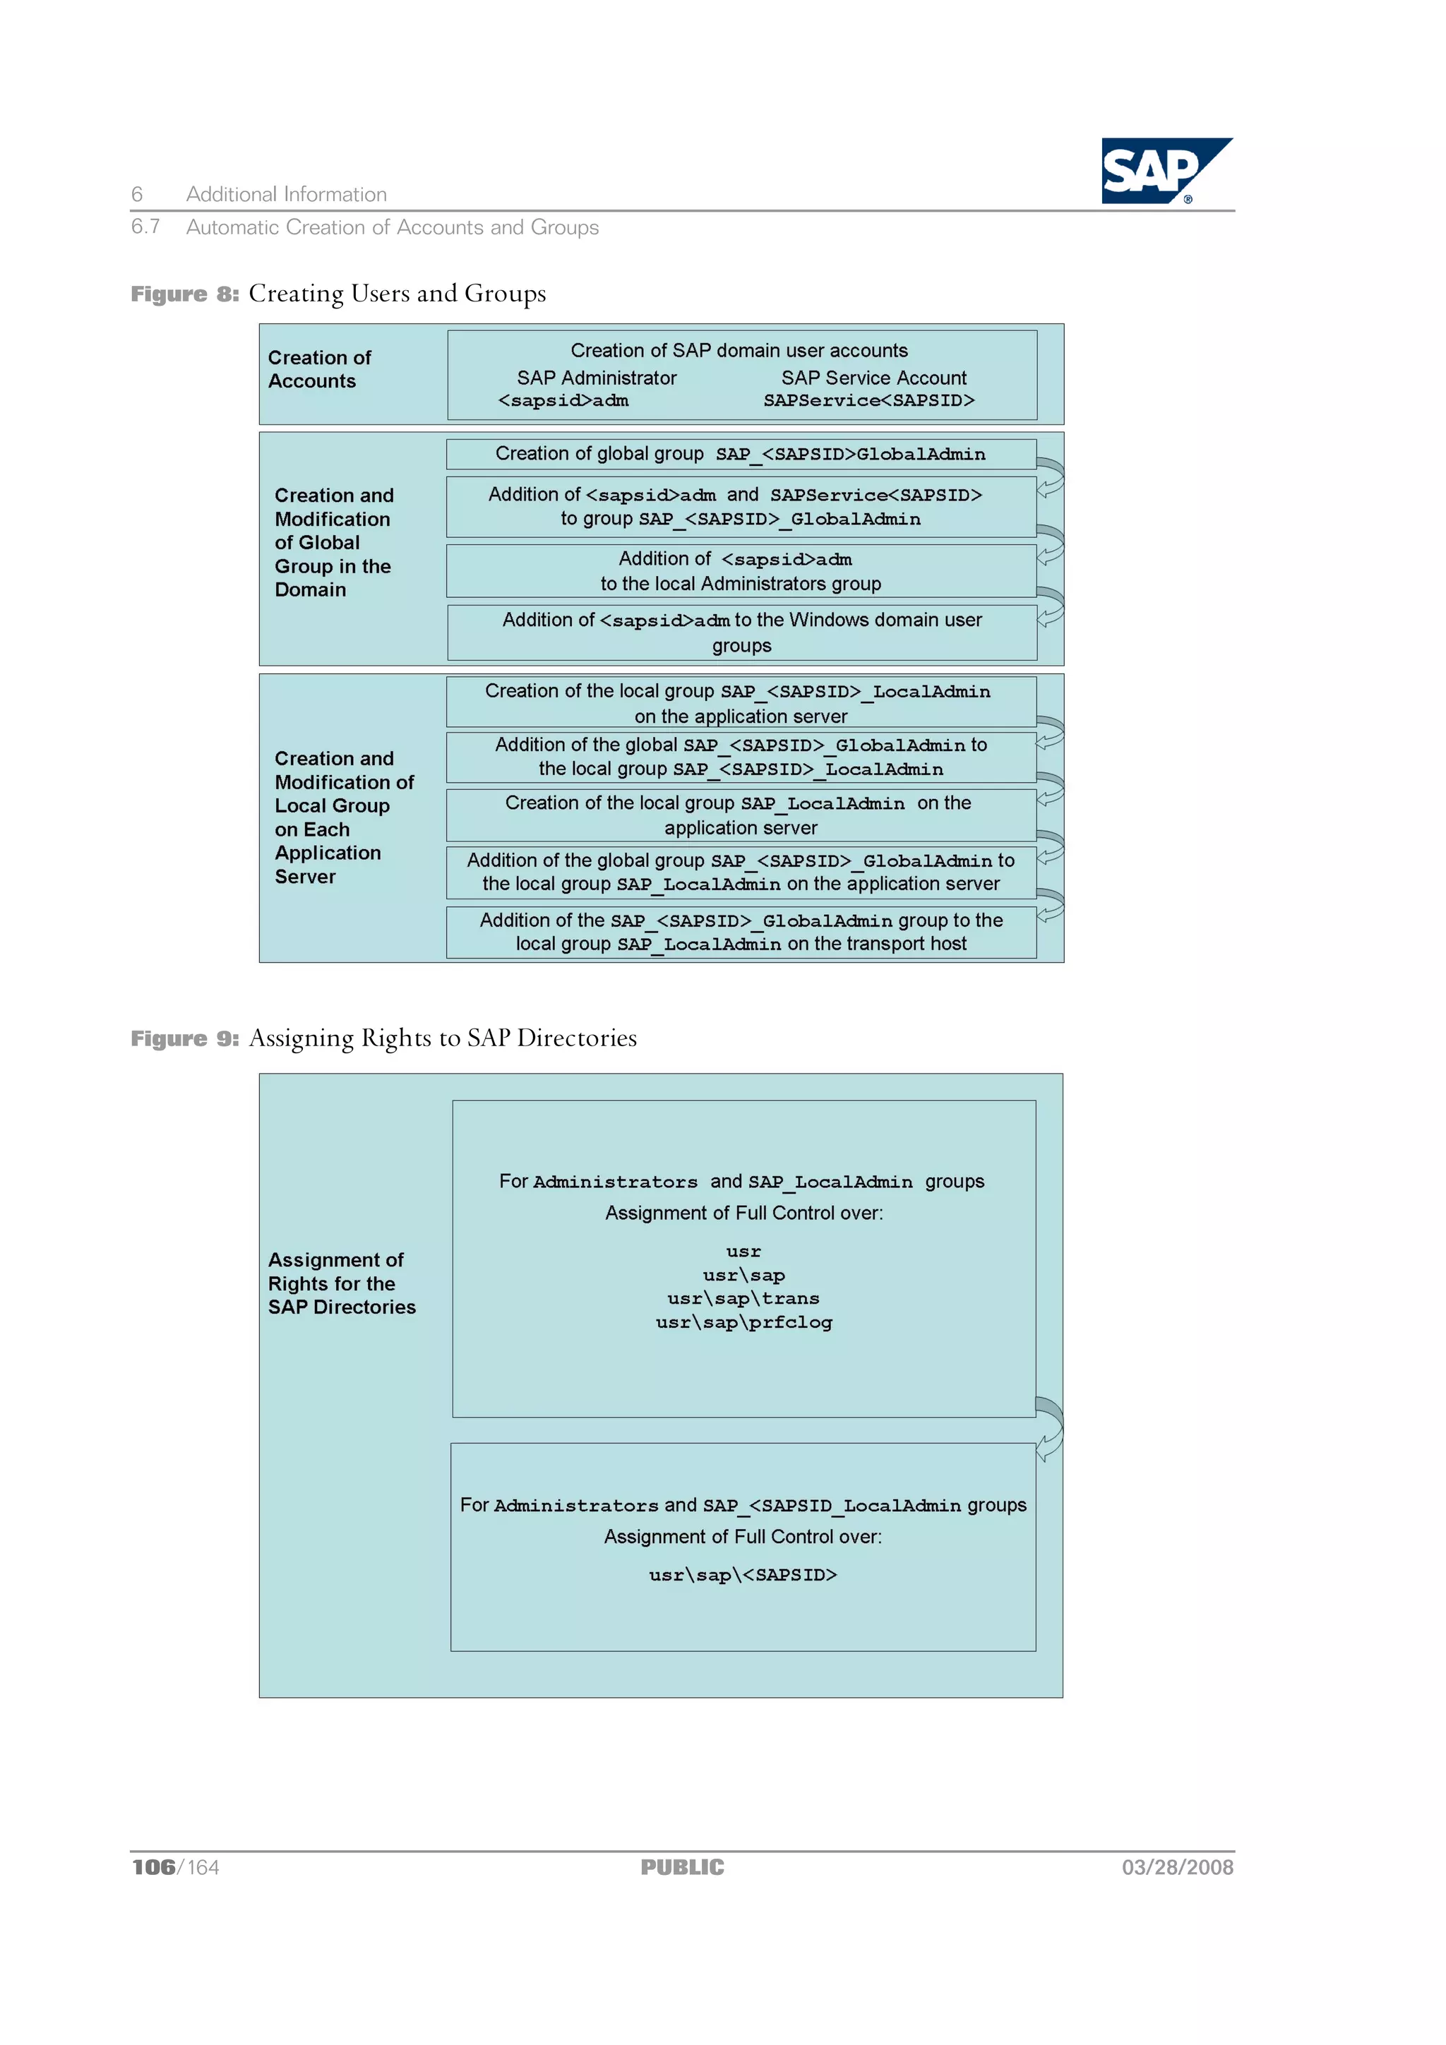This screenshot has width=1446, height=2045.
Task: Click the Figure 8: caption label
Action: point(184,294)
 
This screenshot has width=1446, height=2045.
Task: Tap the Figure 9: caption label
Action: point(184,1038)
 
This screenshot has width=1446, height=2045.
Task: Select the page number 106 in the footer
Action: point(153,1867)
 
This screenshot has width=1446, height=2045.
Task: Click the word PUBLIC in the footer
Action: point(683,1867)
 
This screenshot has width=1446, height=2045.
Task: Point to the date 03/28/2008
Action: point(1177,1867)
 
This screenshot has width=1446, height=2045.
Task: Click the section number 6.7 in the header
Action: point(145,226)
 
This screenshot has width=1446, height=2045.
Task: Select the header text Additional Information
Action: point(286,194)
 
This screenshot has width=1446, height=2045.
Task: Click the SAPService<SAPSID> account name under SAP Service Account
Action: point(868,401)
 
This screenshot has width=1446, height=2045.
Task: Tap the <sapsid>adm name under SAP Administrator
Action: point(563,401)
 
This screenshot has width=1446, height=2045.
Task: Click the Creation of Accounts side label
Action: point(319,368)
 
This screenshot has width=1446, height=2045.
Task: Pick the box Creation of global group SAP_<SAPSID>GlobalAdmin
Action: point(741,454)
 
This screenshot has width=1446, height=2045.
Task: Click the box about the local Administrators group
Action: point(741,571)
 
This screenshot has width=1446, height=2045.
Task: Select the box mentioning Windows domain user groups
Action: point(741,632)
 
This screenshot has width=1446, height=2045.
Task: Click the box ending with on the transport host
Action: point(741,932)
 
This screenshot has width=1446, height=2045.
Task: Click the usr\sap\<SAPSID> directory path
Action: point(743,1575)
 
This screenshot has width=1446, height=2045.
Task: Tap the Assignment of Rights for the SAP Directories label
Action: point(341,1283)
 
